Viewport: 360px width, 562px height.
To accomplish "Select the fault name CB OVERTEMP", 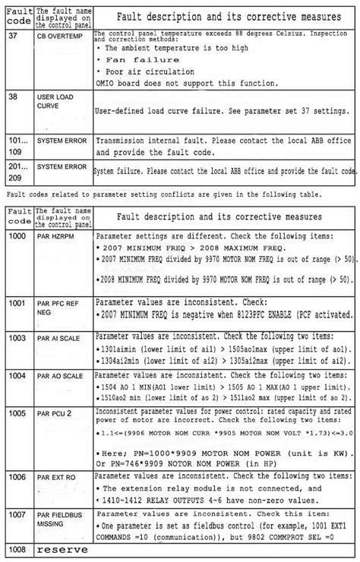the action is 59,36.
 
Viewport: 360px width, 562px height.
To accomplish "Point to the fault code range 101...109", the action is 17,146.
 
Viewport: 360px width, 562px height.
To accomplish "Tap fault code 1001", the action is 17,302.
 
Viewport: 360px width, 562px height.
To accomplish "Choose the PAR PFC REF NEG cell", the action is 58,307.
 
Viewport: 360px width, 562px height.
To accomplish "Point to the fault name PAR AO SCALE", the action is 60,376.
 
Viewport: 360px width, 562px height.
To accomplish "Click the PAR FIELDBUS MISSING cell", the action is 58,519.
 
